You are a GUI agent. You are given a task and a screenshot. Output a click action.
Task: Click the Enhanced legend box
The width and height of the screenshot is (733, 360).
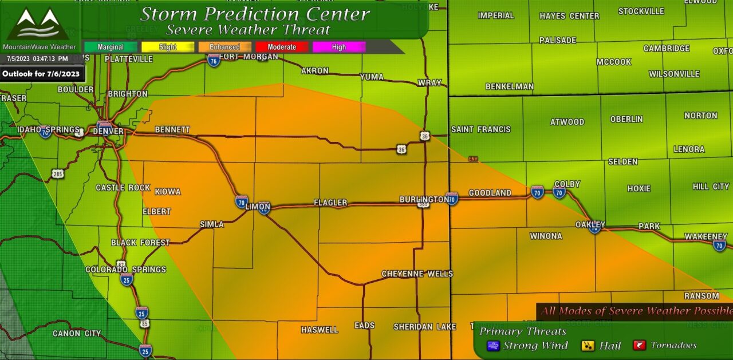(224, 47)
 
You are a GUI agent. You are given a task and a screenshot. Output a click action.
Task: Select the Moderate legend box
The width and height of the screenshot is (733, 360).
(282, 47)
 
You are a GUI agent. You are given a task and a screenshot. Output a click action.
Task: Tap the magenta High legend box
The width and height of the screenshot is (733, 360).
(339, 47)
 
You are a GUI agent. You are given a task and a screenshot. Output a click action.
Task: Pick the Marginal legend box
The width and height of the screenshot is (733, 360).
(111, 47)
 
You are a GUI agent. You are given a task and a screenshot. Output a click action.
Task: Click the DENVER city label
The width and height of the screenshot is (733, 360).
(108, 131)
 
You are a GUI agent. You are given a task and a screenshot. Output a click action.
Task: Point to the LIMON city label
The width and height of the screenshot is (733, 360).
(257, 207)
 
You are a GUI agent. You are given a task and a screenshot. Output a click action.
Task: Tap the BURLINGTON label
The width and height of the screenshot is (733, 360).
(424, 199)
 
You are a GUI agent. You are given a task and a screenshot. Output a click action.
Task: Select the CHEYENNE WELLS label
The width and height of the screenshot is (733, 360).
(417, 274)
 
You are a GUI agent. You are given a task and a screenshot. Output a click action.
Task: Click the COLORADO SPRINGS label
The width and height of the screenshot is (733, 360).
(125, 270)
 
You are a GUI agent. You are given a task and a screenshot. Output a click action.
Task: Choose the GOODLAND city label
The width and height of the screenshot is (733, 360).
(490, 193)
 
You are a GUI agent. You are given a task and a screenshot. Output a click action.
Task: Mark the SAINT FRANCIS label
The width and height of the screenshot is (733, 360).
(480, 129)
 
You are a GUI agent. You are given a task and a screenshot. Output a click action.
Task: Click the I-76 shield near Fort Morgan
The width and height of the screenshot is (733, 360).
(214, 60)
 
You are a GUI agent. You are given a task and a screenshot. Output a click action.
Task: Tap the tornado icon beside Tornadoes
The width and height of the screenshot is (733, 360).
(640, 345)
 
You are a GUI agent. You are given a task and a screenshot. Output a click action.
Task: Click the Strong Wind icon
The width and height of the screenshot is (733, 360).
(493, 346)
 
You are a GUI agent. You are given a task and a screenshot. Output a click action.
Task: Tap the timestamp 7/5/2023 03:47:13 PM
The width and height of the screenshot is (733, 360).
(38, 58)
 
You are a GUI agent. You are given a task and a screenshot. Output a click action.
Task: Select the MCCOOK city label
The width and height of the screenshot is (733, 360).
(613, 62)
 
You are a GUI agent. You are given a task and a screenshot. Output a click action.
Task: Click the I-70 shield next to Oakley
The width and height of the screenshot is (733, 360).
(595, 228)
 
